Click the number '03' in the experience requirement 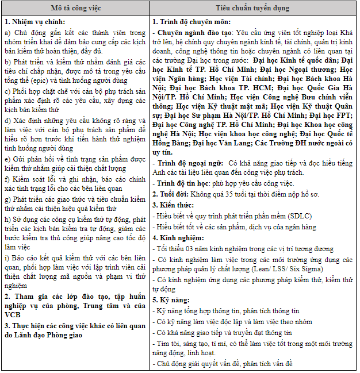tap(192, 249)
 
